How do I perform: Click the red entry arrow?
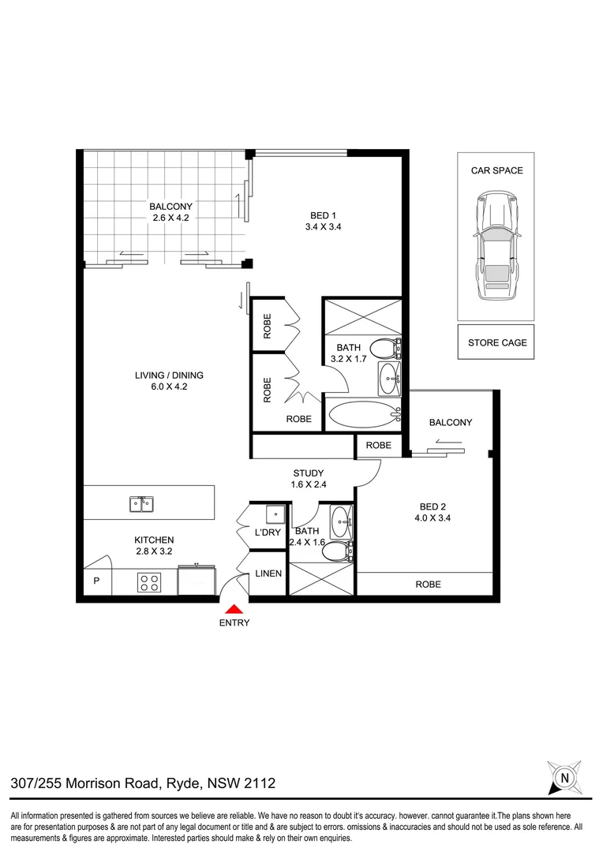[234, 609]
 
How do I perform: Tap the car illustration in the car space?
[496, 248]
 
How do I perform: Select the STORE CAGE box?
[496, 342]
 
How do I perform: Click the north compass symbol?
[564, 777]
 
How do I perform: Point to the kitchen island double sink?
[143, 503]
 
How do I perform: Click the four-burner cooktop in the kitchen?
[149, 582]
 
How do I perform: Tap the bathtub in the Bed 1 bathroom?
[362, 416]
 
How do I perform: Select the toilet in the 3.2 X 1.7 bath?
[386, 348]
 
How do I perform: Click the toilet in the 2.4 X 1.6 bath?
[337, 551]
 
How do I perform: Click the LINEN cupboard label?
[267, 574]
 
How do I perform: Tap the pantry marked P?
[97, 581]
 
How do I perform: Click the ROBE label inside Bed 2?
[428, 585]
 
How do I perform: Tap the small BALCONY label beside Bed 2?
[450, 422]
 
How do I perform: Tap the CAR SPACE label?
[496, 170]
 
